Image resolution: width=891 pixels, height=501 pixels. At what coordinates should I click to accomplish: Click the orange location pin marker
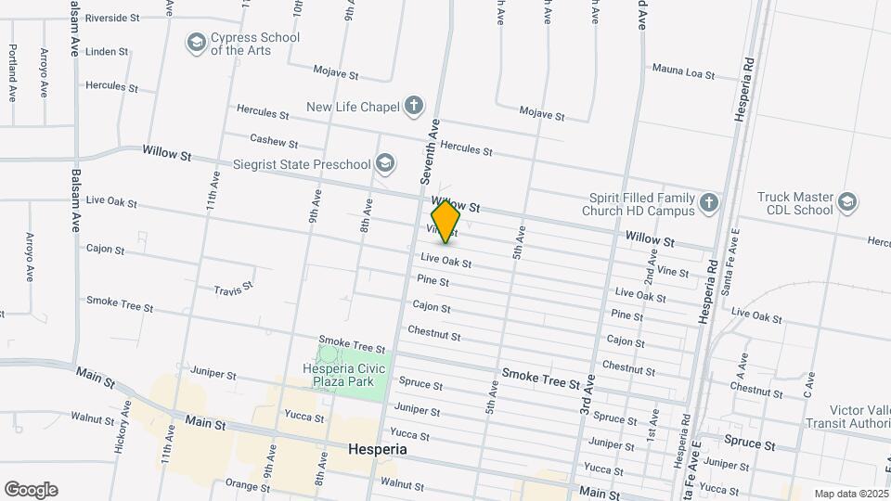pos(445,221)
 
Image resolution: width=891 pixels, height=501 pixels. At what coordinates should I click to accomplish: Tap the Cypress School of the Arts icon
pos(196,43)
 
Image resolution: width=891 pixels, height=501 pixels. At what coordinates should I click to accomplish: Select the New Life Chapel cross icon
pos(413,106)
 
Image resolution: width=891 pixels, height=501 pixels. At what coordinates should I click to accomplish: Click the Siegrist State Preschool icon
pos(384,164)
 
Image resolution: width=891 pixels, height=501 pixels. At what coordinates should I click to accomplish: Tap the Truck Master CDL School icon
pos(846,203)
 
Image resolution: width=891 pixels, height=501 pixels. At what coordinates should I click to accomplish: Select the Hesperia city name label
pos(378,449)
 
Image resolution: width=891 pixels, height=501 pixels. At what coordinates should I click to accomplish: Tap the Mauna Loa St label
pos(683,70)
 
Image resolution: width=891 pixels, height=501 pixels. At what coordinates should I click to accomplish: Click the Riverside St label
pos(111,18)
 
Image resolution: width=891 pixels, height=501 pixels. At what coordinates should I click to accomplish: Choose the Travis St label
pos(233,289)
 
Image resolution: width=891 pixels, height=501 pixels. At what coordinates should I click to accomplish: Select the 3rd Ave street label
pos(587,395)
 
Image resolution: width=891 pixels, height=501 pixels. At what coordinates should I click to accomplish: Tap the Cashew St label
pos(274,142)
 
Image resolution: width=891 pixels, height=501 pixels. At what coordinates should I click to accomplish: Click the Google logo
pos(31,490)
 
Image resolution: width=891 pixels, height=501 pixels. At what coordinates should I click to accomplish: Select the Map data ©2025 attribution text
pos(850,494)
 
